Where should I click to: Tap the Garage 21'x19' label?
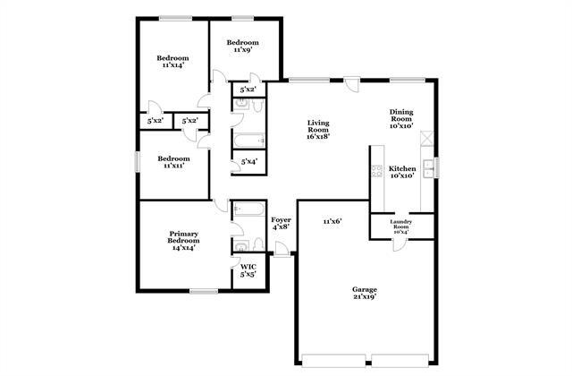point(365,293)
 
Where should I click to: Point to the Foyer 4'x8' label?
point(281,223)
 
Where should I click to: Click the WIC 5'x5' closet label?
point(248,270)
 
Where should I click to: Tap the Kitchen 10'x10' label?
point(402,172)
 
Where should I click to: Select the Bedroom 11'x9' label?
point(242,46)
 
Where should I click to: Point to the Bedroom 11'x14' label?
point(172,62)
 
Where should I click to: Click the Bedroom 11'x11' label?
point(173,162)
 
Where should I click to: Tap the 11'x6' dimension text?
point(332,221)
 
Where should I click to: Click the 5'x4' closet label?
point(249,161)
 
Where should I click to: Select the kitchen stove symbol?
point(377,171)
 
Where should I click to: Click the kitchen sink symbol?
point(428,169)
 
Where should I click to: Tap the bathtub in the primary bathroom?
point(248,209)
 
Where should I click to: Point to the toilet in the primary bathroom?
point(258,244)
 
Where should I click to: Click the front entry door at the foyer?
point(282,250)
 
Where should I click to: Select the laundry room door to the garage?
point(400,244)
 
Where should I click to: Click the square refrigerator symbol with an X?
point(426,139)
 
